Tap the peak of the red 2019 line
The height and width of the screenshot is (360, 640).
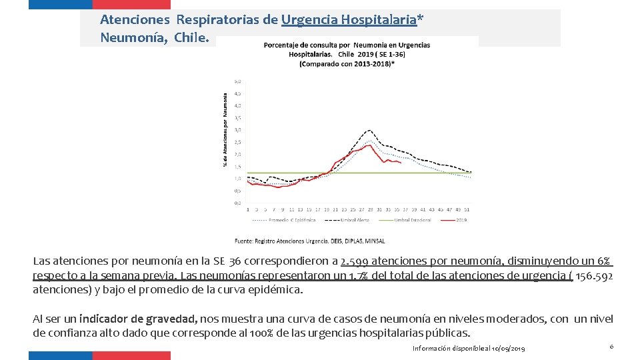tap(369, 145)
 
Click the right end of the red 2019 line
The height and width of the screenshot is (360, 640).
tap(400, 162)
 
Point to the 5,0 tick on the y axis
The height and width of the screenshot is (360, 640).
tap(237, 81)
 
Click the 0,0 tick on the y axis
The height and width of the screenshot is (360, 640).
tap(237, 202)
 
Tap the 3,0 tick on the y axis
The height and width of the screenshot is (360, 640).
tap(237, 129)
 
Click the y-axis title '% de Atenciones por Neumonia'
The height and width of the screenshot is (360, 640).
tap(225, 129)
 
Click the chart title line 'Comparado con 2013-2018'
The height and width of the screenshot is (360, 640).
tap(347, 63)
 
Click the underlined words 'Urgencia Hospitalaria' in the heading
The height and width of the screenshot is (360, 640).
tap(349, 20)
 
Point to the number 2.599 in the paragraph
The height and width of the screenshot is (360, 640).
tap(355, 261)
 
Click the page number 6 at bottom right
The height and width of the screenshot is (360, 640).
tap(611, 347)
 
